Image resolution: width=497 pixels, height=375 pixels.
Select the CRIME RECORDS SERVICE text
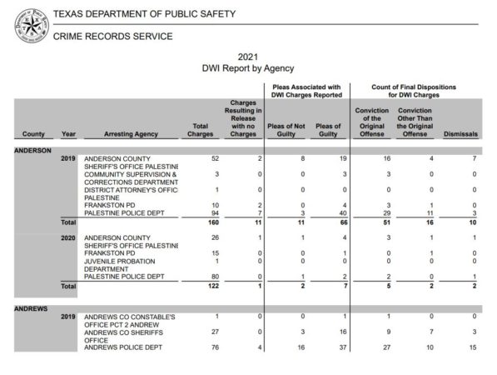pos(112,37)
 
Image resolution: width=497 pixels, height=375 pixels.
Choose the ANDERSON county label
pos(33,150)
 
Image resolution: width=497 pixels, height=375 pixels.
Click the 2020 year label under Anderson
pos(68,238)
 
